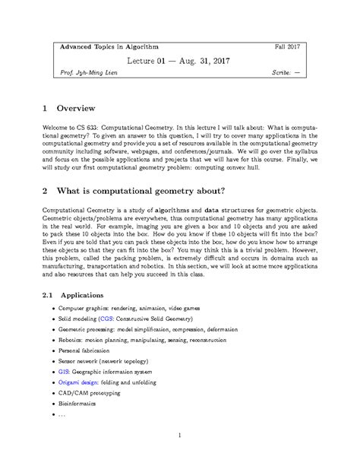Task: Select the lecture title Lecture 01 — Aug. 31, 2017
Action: pos(179,61)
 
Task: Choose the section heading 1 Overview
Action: pos(81,109)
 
